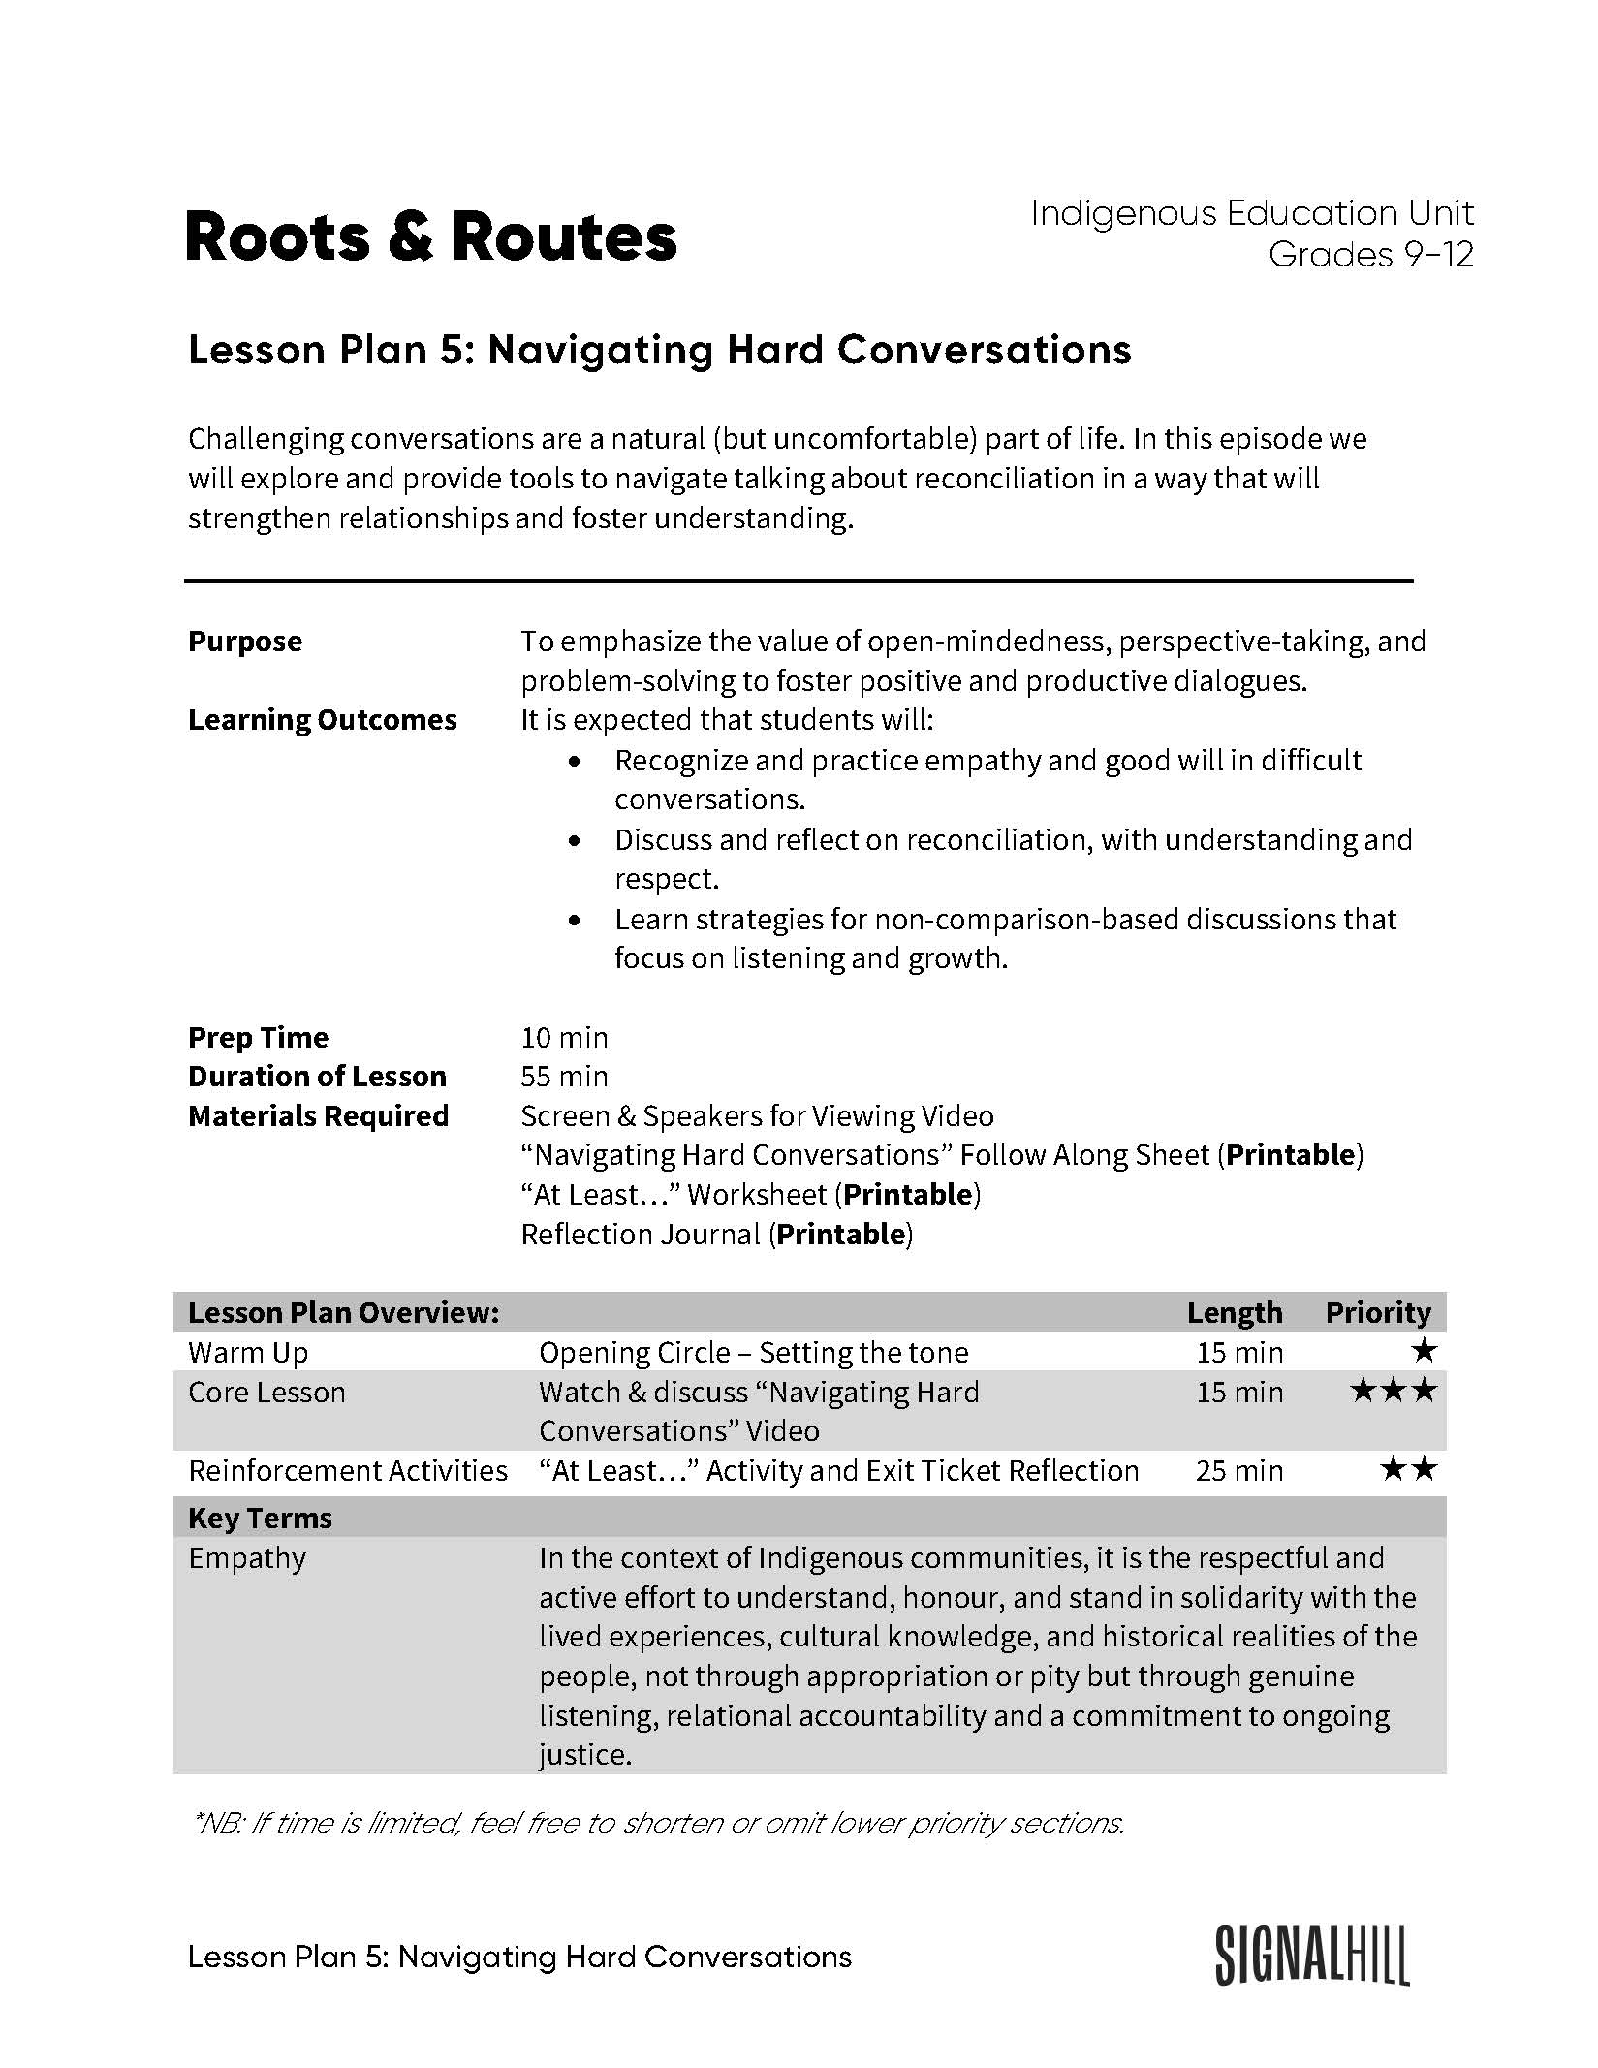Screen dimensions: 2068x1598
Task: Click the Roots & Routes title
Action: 430,237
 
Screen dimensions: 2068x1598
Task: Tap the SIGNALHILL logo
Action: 1312,1956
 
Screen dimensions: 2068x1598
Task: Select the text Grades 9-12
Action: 1370,255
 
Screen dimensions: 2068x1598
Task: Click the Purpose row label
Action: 245,642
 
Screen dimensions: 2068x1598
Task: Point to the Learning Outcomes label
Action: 322,720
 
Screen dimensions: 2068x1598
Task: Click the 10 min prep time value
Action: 564,1038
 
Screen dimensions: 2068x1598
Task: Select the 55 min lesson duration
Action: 564,1077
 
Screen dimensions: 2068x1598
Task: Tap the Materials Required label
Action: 318,1116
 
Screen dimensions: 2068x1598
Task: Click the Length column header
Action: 1234,1312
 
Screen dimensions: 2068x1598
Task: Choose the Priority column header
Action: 1377,1312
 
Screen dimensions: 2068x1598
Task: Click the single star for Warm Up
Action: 1424,1351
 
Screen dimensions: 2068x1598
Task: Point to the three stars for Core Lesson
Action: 1393,1392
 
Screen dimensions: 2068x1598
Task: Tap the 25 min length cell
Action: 1238,1470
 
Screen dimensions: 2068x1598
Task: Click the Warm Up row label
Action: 248,1352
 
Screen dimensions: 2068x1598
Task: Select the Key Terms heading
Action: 260,1518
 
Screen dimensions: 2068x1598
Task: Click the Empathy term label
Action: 247,1558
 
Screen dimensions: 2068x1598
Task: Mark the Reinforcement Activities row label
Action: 347,1470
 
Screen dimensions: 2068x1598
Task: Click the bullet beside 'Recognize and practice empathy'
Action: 577,762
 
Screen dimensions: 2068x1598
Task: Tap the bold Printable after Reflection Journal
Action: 840,1235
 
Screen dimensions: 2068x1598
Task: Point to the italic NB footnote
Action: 658,1823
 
